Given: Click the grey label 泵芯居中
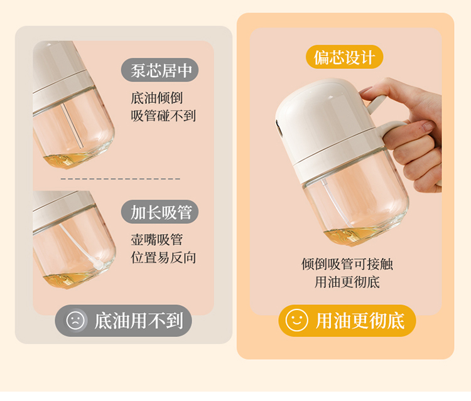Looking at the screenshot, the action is [160, 70].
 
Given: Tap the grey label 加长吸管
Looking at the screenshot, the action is [160, 212].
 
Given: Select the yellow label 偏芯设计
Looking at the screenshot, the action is [344, 57].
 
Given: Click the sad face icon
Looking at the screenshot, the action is [75, 320].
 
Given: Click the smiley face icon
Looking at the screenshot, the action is [296, 320].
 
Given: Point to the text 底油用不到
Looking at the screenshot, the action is [139, 321].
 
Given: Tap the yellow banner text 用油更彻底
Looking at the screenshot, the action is [360, 321].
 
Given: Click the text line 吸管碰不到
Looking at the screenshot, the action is [163, 116].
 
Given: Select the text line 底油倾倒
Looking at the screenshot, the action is [156, 98].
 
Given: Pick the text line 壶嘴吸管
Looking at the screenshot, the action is [156, 240].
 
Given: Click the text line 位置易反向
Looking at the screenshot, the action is [163, 257].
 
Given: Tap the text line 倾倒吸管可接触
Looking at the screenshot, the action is [347, 264].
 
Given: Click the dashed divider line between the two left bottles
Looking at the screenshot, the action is [121, 179].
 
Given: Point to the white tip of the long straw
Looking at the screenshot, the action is [98, 264].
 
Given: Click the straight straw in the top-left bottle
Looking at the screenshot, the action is [72, 126].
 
